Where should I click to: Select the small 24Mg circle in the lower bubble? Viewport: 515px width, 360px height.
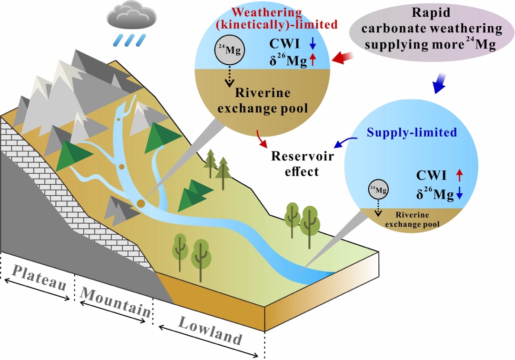[x=377, y=191]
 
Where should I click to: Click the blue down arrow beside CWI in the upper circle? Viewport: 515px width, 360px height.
[x=313, y=45]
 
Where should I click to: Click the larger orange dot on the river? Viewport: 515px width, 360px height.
[x=141, y=204]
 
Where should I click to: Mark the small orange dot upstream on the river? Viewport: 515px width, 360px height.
[x=121, y=167]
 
